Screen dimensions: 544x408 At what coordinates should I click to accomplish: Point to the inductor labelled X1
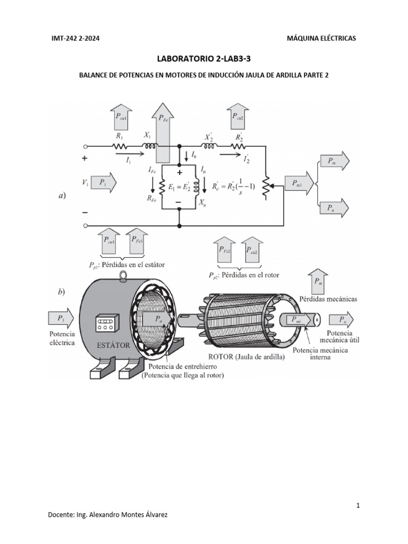[x=149, y=146]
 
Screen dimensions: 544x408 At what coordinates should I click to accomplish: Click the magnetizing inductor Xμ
[x=198, y=186]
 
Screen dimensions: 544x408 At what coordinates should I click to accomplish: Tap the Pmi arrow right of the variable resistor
[x=297, y=183]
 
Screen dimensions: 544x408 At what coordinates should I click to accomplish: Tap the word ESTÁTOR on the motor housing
[x=113, y=345]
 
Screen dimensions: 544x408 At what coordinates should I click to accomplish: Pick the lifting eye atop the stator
[x=124, y=276]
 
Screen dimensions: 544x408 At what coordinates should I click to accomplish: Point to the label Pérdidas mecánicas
[x=328, y=299]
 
